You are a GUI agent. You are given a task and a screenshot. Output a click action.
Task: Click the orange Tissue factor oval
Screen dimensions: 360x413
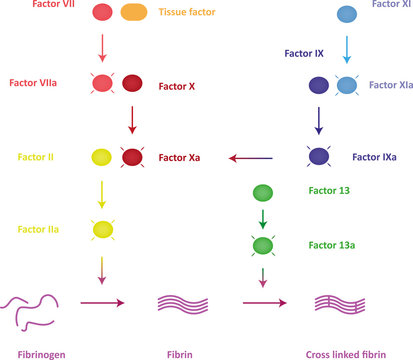133,13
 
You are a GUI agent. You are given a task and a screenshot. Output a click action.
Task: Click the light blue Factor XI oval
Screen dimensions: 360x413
347,14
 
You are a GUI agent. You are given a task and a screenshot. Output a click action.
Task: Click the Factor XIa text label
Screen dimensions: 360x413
389,86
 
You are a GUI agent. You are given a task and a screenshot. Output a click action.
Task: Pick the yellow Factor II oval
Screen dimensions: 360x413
101,157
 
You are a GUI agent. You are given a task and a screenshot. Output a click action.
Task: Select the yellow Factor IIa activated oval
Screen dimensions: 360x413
101,229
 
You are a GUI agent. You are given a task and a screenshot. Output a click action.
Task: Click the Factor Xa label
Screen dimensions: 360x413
180,157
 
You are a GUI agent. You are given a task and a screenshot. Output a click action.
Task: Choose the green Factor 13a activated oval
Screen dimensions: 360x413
264,245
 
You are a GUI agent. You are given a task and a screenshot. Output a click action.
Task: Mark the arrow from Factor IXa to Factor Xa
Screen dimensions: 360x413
251,157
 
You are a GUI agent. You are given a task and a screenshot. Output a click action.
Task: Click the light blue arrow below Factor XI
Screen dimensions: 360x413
347,50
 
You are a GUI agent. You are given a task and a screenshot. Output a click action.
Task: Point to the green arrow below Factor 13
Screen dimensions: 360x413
264,218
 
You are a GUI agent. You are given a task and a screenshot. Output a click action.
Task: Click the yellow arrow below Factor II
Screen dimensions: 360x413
101,193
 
